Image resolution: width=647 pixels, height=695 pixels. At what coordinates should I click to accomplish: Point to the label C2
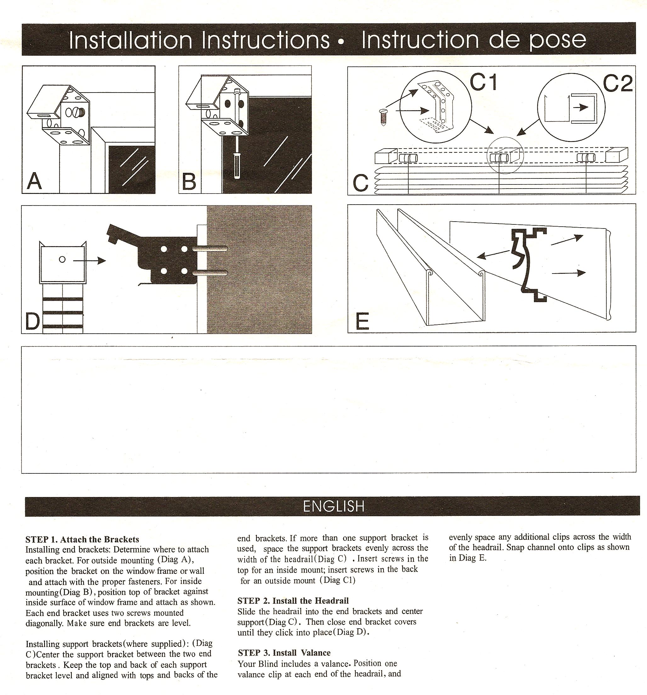coord(618,84)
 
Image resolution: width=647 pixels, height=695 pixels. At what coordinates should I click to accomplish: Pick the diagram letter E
coord(362,321)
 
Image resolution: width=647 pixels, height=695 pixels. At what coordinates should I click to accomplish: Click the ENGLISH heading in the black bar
coord(333,506)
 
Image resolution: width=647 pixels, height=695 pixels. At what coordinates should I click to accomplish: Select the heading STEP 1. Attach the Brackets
coord(82,539)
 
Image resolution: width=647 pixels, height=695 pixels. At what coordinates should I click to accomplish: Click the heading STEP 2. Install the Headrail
coord(293,601)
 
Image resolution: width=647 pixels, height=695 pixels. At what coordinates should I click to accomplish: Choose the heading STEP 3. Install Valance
coord(284,653)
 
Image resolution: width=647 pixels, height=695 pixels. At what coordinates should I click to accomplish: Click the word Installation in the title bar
coord(130,40)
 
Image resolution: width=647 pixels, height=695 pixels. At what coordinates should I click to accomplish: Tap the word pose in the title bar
coord(558,40)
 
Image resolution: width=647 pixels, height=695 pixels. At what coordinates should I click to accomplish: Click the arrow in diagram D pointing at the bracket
coord(89,260)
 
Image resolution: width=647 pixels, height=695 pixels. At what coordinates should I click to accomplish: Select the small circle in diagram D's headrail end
coord(62,259)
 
